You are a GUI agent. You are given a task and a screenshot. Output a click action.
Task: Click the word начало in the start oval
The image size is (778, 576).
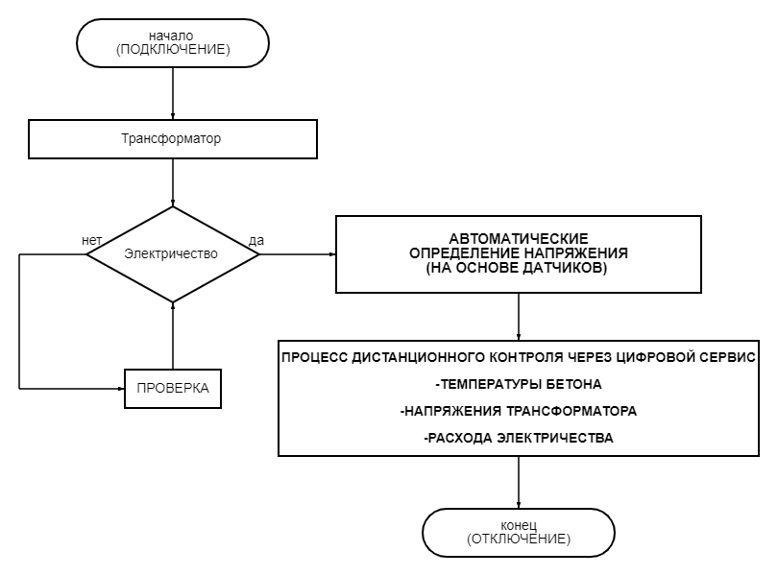pos(173,36)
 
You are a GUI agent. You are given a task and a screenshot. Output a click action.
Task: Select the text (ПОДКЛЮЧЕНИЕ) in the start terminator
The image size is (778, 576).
pos(173,50)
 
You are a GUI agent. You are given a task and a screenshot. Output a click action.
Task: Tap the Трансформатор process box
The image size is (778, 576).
pos(173,139)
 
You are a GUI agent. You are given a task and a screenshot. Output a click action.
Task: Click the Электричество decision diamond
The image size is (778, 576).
pos(173,254)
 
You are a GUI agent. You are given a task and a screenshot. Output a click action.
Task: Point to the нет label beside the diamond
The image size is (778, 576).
pos(92,240)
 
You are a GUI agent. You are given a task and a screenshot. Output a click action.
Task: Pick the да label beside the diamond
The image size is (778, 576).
pos(255,240)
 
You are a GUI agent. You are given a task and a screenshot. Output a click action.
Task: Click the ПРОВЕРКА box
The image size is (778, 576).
pos(173,389)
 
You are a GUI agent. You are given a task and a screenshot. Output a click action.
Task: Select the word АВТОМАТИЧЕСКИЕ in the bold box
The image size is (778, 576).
pos(519,238)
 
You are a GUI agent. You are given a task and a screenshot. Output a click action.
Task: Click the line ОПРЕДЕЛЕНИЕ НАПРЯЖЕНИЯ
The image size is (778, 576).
pos(519,253)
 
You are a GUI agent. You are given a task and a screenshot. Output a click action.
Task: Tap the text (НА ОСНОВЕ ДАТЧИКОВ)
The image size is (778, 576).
pos(519,269)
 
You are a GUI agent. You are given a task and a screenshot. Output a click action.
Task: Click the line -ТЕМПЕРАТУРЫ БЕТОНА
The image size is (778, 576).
pos(519,385)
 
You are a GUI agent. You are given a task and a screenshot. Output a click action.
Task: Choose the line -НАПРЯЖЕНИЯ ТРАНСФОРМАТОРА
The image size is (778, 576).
pos(519,411)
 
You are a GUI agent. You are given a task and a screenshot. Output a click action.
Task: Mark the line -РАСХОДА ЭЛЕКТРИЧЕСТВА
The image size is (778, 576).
pos(519,438)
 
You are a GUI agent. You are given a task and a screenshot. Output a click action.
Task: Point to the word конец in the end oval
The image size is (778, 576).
pos(519,526)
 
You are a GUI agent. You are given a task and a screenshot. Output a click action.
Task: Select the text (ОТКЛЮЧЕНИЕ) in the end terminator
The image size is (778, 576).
pos(519,540)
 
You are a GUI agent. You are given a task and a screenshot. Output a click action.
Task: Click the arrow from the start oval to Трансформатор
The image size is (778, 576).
pos(173,93)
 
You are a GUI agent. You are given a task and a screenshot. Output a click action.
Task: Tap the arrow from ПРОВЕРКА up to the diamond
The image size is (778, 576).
pos(173,336)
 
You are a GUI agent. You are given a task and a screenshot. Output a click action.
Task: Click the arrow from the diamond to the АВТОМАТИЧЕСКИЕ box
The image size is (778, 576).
pos(298,254)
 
